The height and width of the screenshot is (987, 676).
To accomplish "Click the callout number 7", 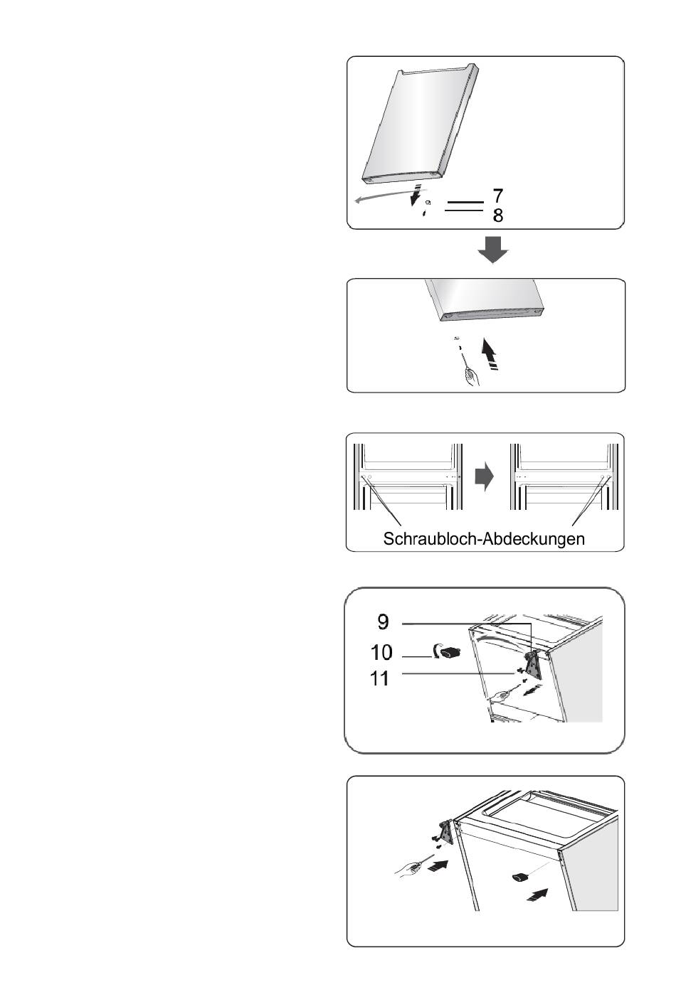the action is coord(497,196).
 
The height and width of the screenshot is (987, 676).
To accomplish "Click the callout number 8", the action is coord(498,215).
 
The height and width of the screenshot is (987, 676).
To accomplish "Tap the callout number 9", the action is coord(384,621).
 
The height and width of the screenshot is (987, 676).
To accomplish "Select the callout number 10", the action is coord(381,652).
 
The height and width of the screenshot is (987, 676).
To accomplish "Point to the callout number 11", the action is coord(380,678).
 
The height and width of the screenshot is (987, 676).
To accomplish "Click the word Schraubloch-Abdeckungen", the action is coord(484,538).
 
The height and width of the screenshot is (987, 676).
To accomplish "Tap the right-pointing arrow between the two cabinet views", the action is coord(484,476).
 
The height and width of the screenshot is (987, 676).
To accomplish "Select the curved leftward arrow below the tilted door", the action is coord(390,196).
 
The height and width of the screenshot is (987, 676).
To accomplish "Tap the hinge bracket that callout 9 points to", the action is coord(533,666).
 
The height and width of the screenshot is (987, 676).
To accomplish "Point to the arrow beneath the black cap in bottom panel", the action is coord(537,895).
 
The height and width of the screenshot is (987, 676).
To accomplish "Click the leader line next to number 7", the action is coord(465,202).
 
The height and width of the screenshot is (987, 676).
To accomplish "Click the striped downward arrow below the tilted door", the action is coord(415,195).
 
